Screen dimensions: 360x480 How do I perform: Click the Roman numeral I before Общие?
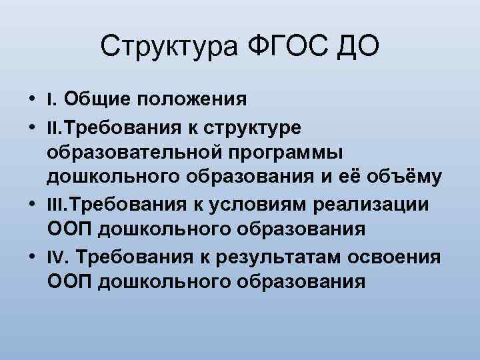[x=50, y=100]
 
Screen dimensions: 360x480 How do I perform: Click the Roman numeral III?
[x=56, y=203]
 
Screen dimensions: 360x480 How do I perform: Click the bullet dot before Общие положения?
[x=33, y=100]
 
